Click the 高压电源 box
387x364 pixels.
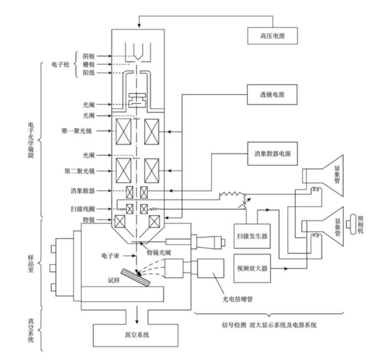272,37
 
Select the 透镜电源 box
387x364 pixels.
272,94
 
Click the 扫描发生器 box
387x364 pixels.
251,236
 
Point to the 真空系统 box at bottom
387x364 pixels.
135,334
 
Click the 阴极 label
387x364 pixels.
89,56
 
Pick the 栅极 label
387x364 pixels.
89,65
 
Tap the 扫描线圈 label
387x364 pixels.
83,209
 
